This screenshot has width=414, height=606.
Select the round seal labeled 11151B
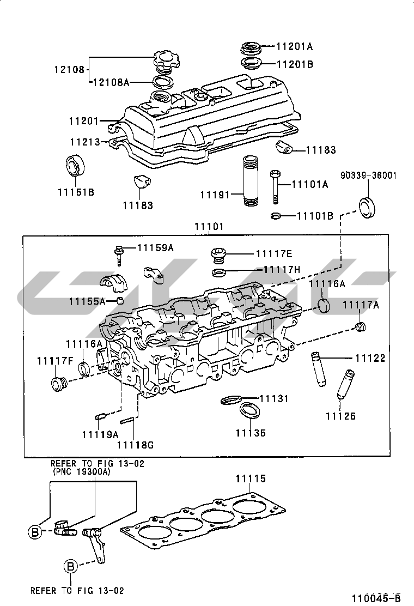pos(75,166)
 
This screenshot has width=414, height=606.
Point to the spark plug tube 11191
pos(250,181)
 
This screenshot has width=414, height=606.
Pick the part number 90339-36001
pos(368,175)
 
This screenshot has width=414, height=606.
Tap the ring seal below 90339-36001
pos(367,208)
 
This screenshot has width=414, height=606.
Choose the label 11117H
pos(282,269)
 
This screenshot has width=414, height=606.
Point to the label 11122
pos(370,358)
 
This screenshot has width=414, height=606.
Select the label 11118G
pos(135,445)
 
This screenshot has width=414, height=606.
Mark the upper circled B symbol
pos(35,532)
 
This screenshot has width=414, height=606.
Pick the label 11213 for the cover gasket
pos(84,142)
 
